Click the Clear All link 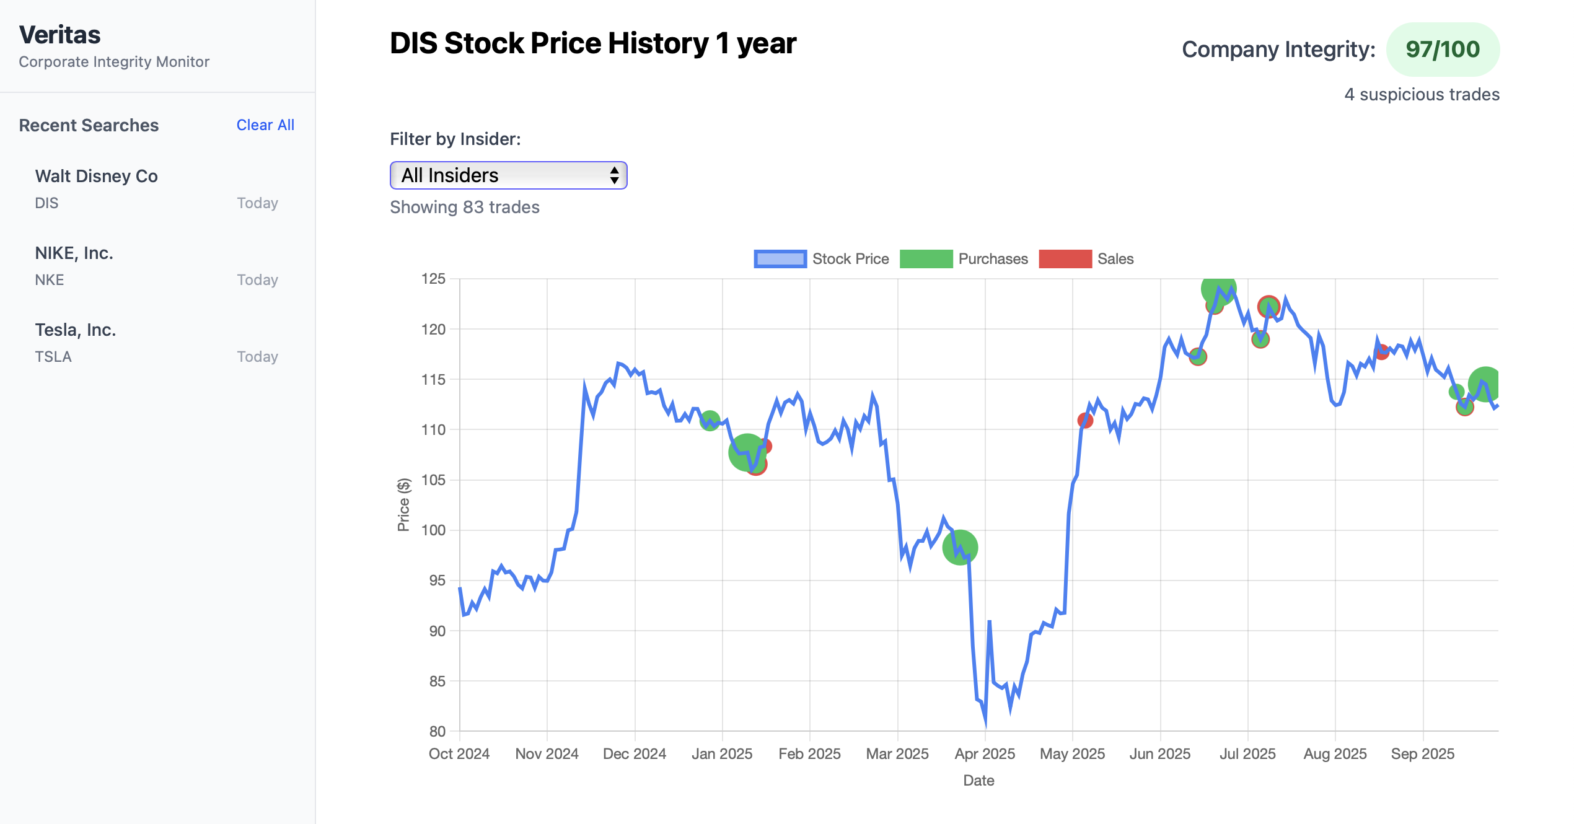point(265,125)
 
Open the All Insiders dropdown point(508,175)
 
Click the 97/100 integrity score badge point(1442,50)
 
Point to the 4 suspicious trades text point(1422,94)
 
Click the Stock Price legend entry point(821,259)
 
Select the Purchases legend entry point(964,259)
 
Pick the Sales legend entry point(1086,259)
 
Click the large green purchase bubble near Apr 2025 point(960,548)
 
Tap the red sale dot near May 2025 point(1084,421)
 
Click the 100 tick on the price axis point(433,530)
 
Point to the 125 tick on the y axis point(433,279)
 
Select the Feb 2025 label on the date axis point(809,754)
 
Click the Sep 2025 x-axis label point(1422,754)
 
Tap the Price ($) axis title point(403,504)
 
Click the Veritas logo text point(59,35)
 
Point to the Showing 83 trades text point(465,207)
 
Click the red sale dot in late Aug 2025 point(1381,353)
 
